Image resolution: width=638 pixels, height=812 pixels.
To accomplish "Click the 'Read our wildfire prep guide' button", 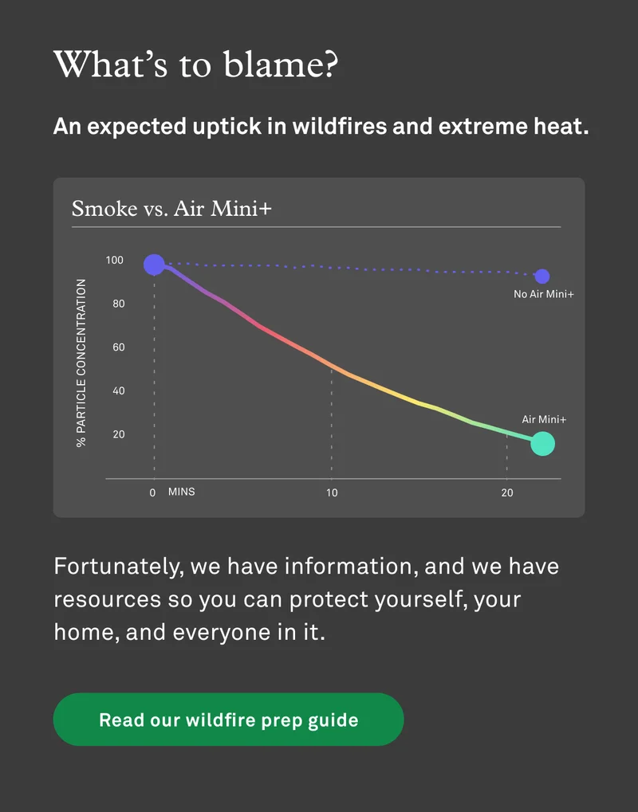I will [228, 720].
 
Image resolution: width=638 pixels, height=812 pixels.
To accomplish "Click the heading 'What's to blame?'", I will [195, 65].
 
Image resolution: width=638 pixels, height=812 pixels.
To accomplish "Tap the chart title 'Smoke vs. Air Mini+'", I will [171, 209].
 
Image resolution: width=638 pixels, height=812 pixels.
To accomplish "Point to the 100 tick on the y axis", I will [115, 261].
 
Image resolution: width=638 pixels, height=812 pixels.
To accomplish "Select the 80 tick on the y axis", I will [117, 304].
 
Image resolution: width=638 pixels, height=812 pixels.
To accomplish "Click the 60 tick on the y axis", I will [117, 347].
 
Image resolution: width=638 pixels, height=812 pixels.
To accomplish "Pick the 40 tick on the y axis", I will [117, 391].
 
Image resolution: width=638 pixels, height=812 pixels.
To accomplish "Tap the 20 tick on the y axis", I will [117, 434].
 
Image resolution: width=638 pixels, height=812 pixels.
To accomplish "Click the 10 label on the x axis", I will [332, 493].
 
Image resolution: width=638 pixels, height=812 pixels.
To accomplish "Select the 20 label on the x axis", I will [507, 493].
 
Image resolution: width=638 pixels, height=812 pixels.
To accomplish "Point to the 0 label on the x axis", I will [152, 493].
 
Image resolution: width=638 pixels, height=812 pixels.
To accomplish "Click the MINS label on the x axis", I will [181, 492].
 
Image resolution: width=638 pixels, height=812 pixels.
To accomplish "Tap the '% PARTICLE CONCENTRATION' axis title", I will [81, 363].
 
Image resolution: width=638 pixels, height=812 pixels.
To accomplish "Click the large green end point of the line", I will [542, 443].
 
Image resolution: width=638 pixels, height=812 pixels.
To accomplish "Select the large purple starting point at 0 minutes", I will [154, 264].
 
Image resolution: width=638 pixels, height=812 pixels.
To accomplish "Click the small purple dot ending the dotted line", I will [542, 277].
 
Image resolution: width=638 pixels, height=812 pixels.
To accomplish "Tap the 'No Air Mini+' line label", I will [544, 295].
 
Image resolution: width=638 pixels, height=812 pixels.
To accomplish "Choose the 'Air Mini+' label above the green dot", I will [544, 419].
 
